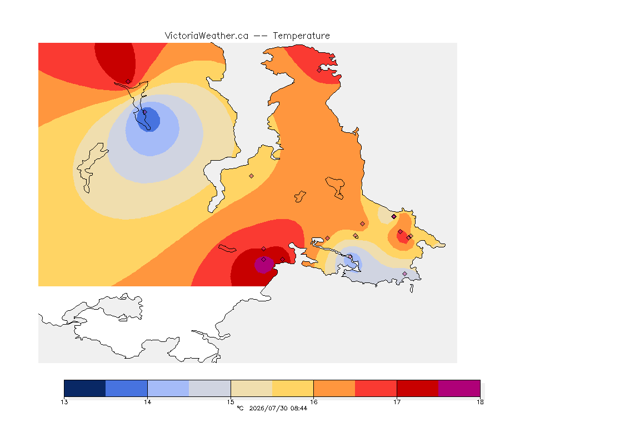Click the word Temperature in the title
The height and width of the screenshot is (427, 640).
click(x=301, y=36)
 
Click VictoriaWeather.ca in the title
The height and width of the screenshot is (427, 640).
click(x=207, y=36)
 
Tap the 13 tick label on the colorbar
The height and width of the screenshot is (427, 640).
click(x=64, y=402)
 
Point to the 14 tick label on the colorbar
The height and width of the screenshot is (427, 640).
click(x=147, y=402)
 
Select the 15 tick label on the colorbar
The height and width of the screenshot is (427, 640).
click(x=231, y=402)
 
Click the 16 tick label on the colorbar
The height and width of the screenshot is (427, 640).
click(x=313, y=402)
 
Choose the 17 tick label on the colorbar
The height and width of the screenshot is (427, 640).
click(x=397, y=402)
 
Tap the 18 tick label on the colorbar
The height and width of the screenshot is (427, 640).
click(x=480, y=402)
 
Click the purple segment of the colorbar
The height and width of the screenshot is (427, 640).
click(x=459, y=388)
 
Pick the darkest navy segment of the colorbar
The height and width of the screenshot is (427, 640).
click(x=85, y=388)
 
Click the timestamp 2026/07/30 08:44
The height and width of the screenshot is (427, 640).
click(x=278, y=408)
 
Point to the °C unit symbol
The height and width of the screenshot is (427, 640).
click(x=240, y=408)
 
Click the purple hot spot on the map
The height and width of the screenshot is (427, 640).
click(x=264, y=265)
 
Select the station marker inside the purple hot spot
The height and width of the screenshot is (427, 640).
click(x=264, y=260)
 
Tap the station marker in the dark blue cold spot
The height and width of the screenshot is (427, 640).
click(x=144, y=112)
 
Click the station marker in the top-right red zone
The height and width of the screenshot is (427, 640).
click(x=319, y=70)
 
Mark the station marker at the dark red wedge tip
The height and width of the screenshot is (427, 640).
click(x=128, y=82)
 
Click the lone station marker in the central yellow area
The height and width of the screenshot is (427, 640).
click(x=252, y=176)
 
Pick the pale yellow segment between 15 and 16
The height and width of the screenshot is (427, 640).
click(x=252, y=388)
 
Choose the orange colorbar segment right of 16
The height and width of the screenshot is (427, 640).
click(x=334, y=388)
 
